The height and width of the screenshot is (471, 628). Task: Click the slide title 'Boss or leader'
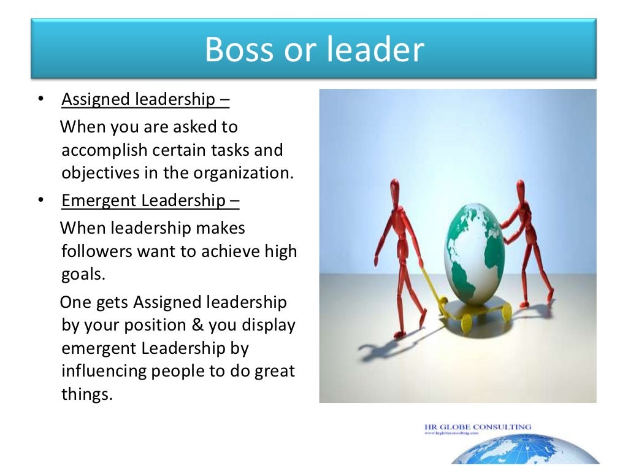(314, 49)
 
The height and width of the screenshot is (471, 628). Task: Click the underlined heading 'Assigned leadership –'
(146, 99)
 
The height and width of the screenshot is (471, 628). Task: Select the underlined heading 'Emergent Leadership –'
(150, 201)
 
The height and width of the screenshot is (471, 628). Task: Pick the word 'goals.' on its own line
(84, 274)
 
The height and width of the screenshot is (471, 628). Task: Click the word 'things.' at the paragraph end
(88, 394)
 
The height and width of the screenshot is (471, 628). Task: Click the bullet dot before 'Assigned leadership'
(40, 99)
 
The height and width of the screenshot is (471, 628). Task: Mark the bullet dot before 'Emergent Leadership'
(40, 201)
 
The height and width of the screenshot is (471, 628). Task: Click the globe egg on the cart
(474, 257)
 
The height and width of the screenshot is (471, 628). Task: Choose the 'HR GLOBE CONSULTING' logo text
(477, 427)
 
